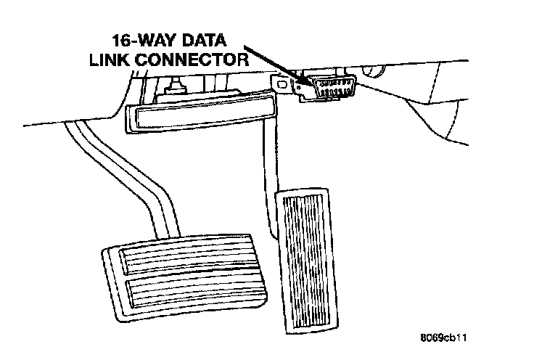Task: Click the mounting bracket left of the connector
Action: point(289,86)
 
